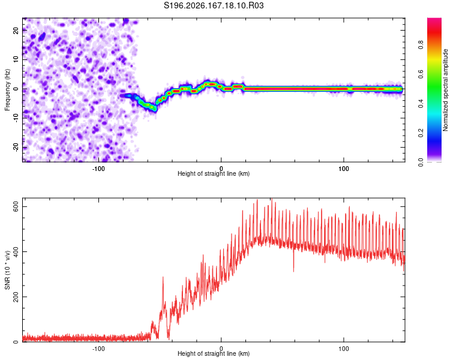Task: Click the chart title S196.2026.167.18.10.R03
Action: coord(214,5)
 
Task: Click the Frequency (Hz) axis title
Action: coord(7,90)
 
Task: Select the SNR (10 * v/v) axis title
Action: coord(7,270)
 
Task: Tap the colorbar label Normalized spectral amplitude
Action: coord(445,90)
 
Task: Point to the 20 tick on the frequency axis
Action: coord(16,31)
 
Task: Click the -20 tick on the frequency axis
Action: coord(16,147)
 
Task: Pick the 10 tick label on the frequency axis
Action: coord(16,59)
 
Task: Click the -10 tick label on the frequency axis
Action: coord(16,118)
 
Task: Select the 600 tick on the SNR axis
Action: coord(16,206)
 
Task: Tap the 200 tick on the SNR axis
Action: coord(16,297)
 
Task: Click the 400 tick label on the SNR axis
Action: coord(16,252)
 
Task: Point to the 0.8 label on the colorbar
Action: coord(421,45)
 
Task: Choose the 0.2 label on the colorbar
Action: coord(421,133)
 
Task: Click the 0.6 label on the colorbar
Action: coord(421,74)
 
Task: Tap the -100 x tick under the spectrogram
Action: coord(98,169)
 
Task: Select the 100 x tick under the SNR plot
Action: coord(344,349)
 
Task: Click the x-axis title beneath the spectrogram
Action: coord(214,173)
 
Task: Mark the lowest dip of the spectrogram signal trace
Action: coord(154,109)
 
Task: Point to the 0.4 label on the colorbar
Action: coord(421,104)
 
